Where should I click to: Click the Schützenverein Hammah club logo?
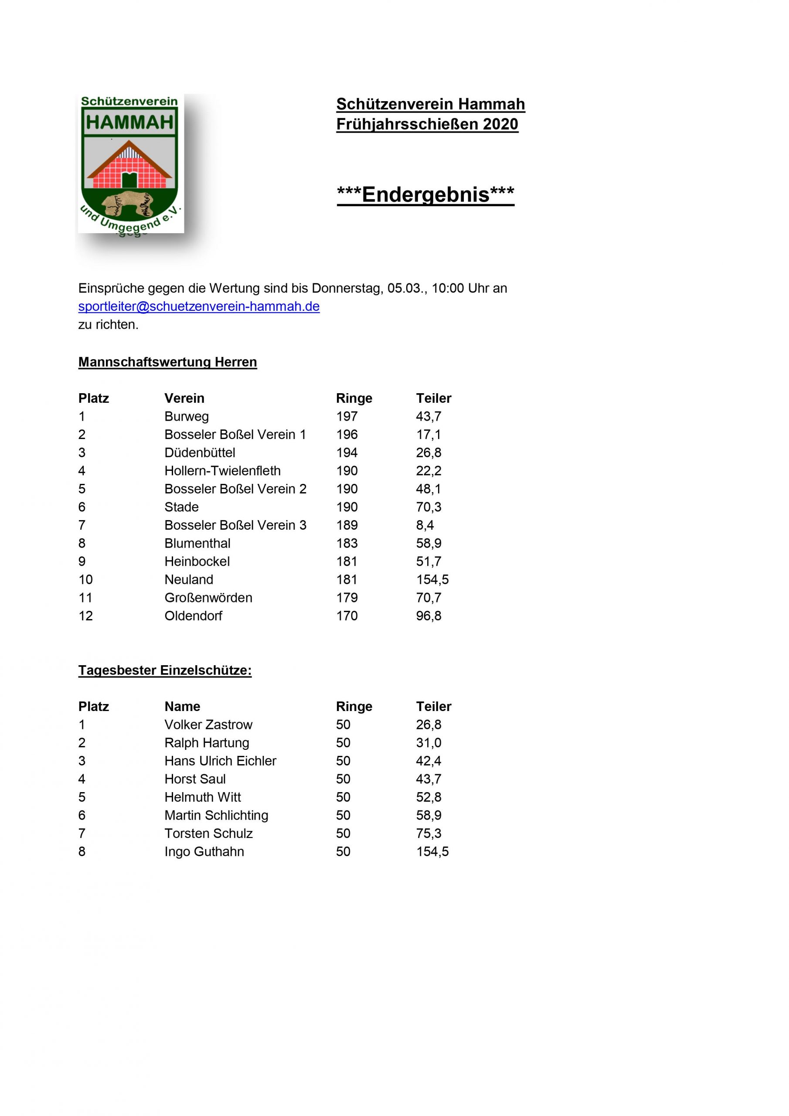coord(130,164)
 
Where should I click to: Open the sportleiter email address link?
coord(199,307)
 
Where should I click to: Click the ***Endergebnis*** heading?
coord(425,194)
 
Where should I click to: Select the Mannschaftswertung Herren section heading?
coord(167,362)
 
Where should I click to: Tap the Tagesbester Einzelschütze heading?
coord(165,670)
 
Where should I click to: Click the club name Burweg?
coord(186,417)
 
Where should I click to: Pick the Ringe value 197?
coord(347,417)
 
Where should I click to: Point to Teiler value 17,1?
coord(429,435)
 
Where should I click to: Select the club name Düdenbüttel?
coord(199,453)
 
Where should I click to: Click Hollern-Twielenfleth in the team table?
coord(222,471)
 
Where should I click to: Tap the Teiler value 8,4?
coord(425,525)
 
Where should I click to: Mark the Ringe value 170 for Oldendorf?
coord(347,616)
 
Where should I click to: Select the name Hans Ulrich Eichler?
coord(220,761)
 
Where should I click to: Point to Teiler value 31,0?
coord(429,743)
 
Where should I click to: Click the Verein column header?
coord(184,398)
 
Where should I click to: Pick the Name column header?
coord(182,707)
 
